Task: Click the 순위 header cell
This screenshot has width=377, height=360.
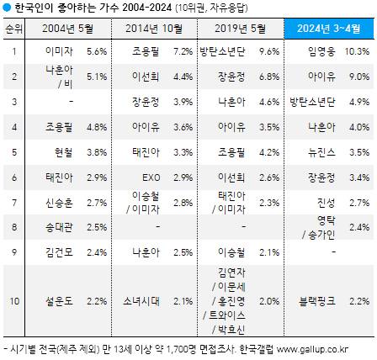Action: [13, 29]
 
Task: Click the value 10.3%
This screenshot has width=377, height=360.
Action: [358, 51]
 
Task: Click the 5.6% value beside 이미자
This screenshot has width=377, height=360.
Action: [98, 51]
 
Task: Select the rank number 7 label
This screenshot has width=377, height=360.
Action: [13, 203]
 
